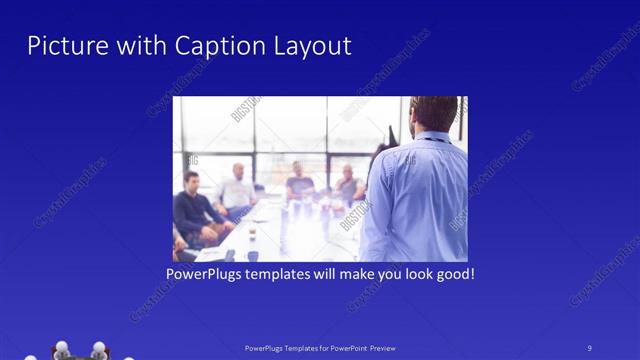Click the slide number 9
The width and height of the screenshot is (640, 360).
coord(589,348)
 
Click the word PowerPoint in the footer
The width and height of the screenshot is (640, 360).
coord(342,348)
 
